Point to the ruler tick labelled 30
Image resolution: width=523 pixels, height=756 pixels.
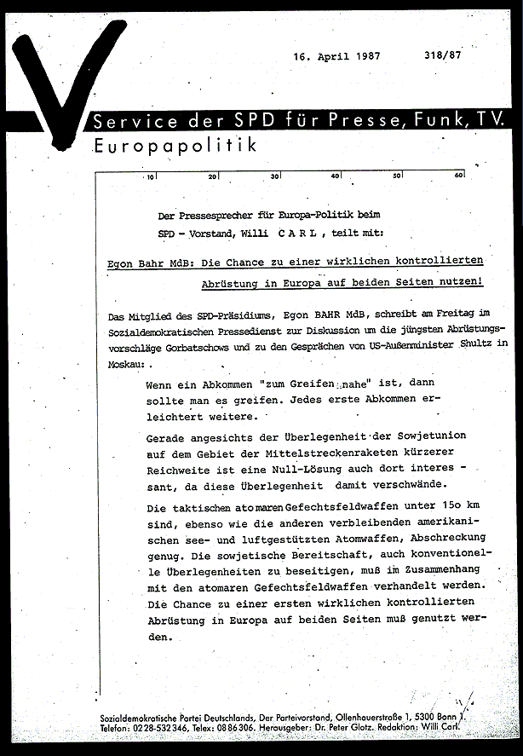coord(274,177)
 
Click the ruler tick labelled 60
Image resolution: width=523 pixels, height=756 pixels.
coord(457,177)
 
